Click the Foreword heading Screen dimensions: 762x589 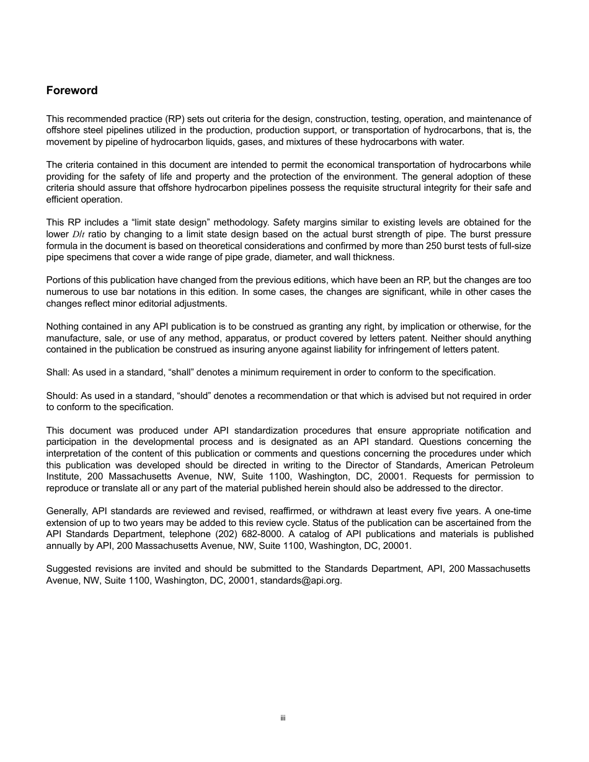point(72,90)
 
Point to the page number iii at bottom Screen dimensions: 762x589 point(282,719)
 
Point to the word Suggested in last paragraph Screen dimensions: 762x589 point(68,569)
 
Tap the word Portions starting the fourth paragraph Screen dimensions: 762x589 point(63,280)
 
